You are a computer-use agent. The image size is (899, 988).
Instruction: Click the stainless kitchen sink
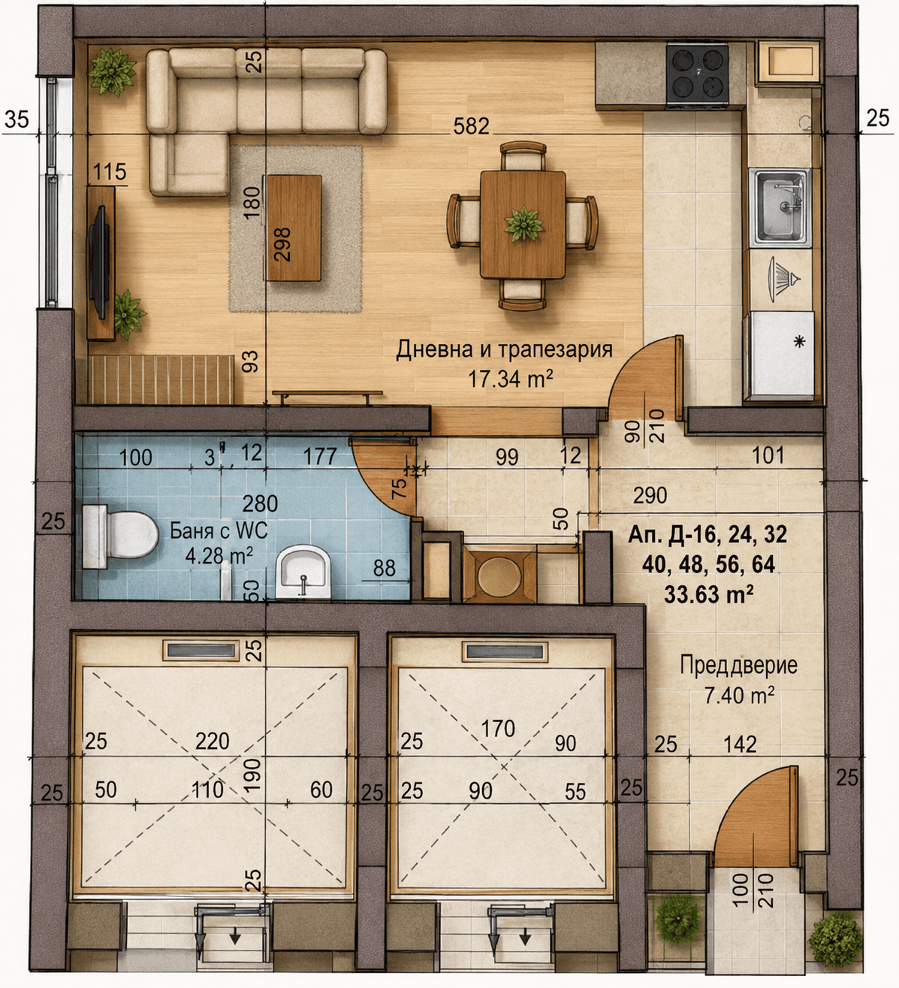pyautogui.click(x=780, y=207)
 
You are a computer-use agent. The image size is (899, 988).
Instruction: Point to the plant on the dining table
pyautogui.click(x=523, y=225)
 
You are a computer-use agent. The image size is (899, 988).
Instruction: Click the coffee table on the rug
pyautogui.click(x=294, y=228)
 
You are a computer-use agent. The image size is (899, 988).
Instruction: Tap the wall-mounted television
pyautogui.click(x=99, y=262)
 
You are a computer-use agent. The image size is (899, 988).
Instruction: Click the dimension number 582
pyautogui.click(x=471, y=126)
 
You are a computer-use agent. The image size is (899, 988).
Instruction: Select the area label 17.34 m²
pyautogui.click(x=509, y=379)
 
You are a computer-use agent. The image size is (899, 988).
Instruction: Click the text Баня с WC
pyautogui.click(x=219, y=531)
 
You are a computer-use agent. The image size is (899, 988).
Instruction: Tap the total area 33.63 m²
pyautogui.click(x=708, y=594)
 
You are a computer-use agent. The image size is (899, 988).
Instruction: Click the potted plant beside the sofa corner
pyautogui.click(x=113, y=71)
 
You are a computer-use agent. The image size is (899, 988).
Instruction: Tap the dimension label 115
pyautogui.click(x=110, y=172)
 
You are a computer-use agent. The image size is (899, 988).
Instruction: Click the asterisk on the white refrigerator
pyautogui.click(x=800, y=341)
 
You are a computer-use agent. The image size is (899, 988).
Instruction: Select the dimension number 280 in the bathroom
pyautogui.click(x=260, y=503)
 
